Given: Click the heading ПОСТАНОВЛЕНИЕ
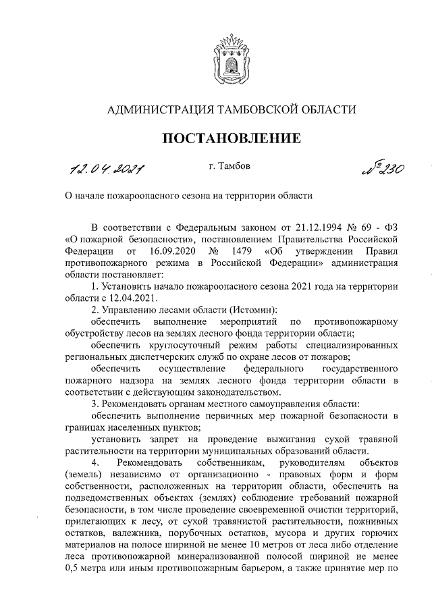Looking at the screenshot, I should tap(230, 139).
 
